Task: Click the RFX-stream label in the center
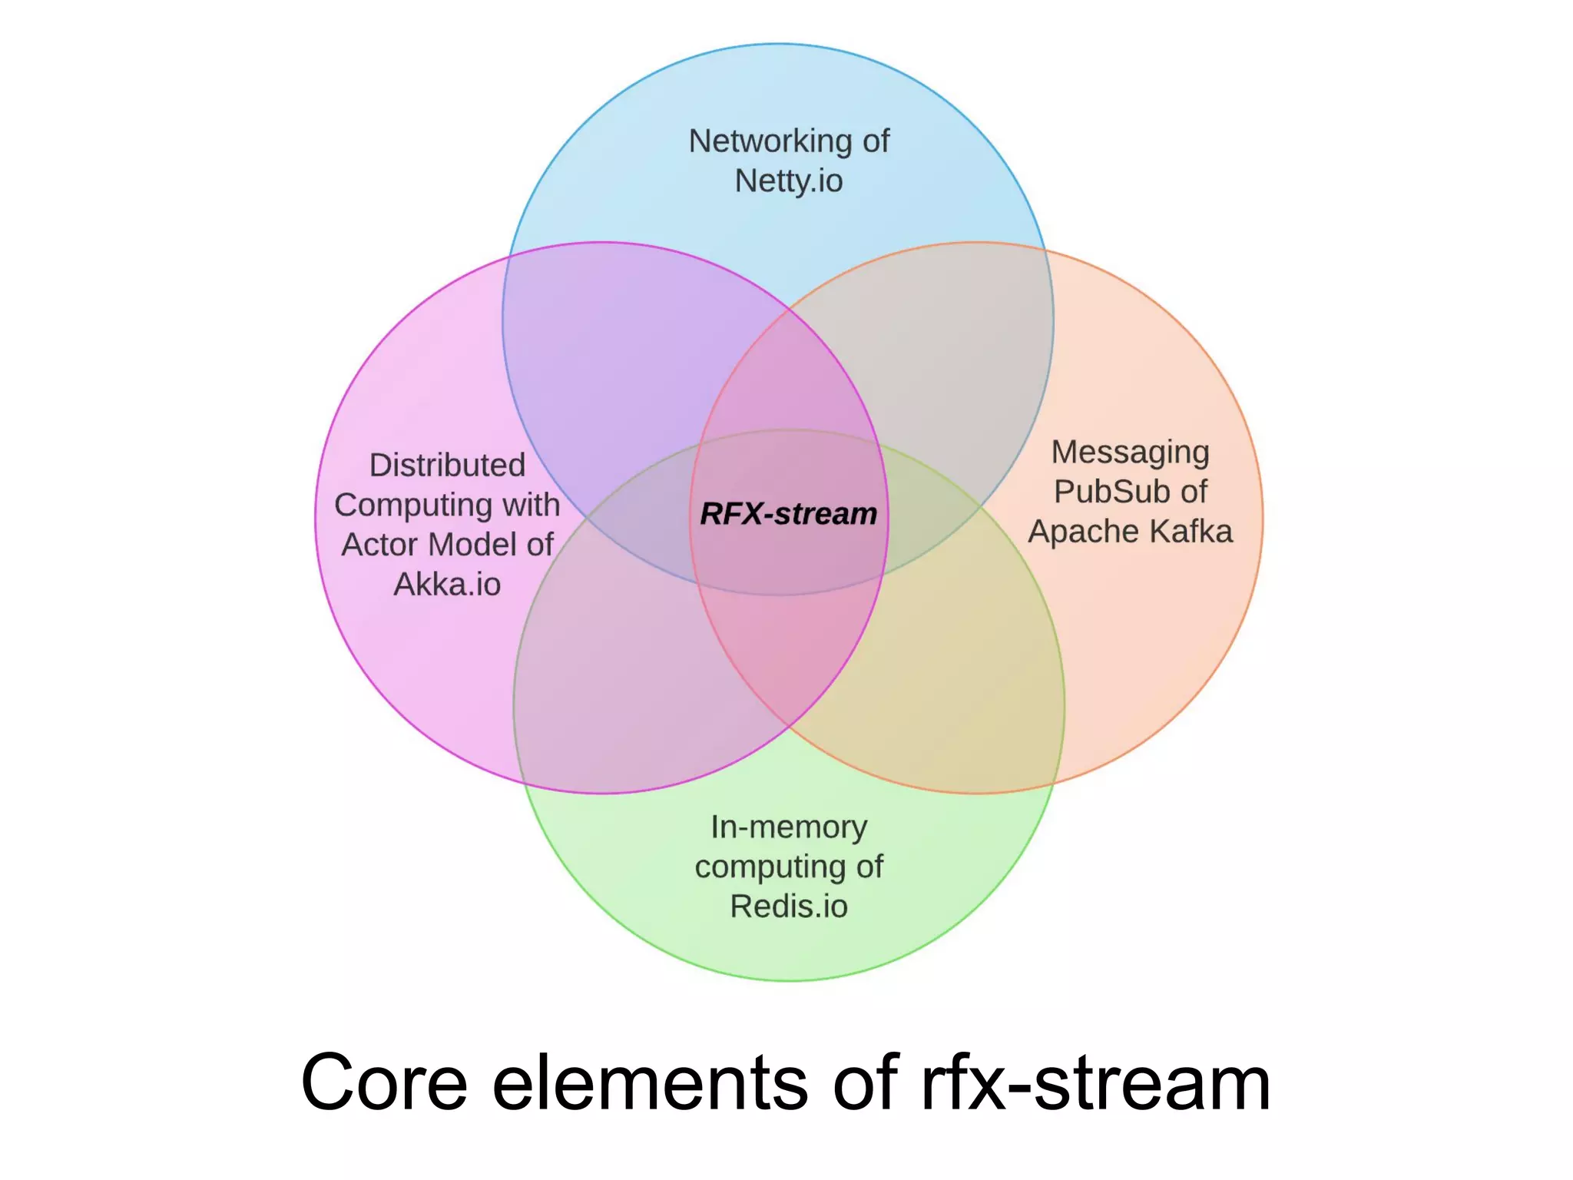tap(788, 514)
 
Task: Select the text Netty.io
tap(789, 181)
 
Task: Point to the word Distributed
tap(447, 466)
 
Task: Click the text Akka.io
tap(447, 585)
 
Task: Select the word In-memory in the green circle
tap(789, 827)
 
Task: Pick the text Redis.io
tap(789, 907)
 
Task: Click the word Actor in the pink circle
tap(380, 545)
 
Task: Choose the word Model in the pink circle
tap(472, 545)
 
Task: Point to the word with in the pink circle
tap(531, 505)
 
